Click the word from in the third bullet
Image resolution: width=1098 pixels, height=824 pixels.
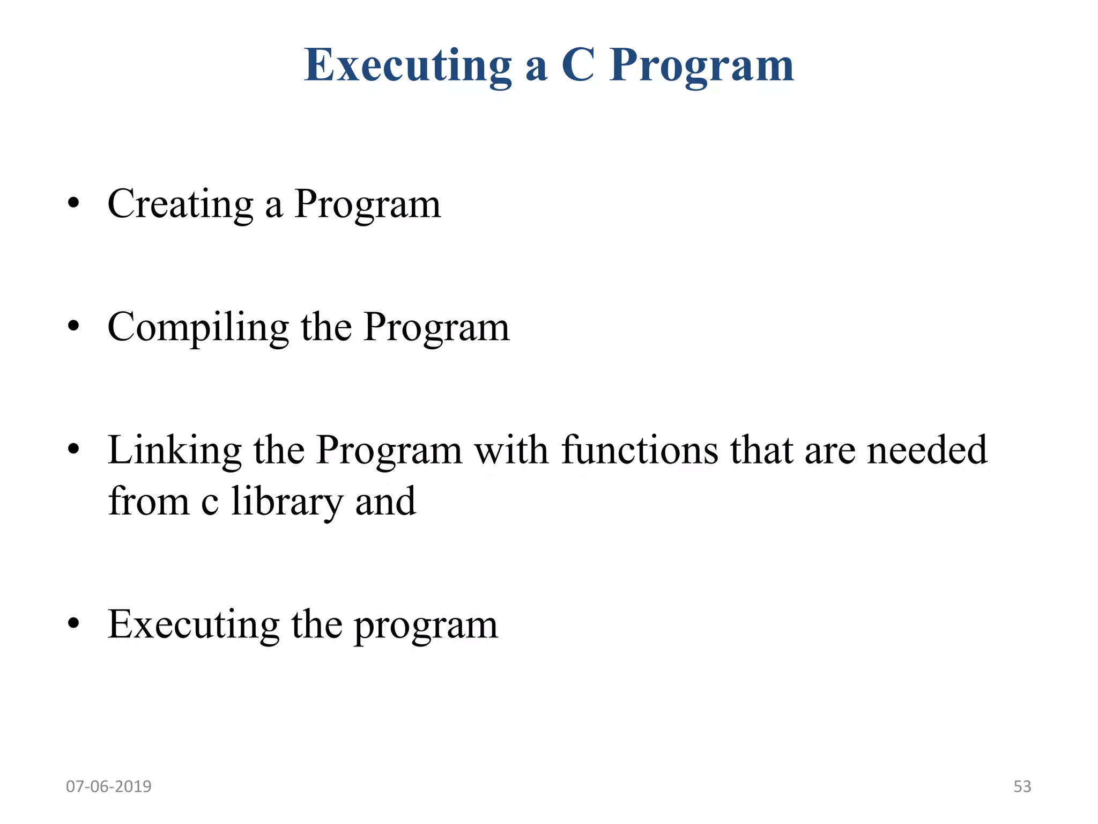click(149, 502)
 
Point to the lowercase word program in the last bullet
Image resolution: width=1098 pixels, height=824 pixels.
click(426, 626)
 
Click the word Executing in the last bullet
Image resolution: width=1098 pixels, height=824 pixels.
click(193, 626)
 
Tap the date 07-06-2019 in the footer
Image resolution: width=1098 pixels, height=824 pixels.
click(109, 786)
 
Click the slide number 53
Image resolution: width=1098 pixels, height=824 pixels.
click(1022, 786)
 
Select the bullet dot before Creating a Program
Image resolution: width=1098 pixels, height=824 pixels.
click(74, 204)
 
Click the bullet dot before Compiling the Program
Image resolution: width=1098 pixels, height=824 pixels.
click(74, 326)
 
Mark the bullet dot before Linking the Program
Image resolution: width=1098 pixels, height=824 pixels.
click(74, 449)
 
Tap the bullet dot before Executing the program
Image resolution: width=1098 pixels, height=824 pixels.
click(74, 624)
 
